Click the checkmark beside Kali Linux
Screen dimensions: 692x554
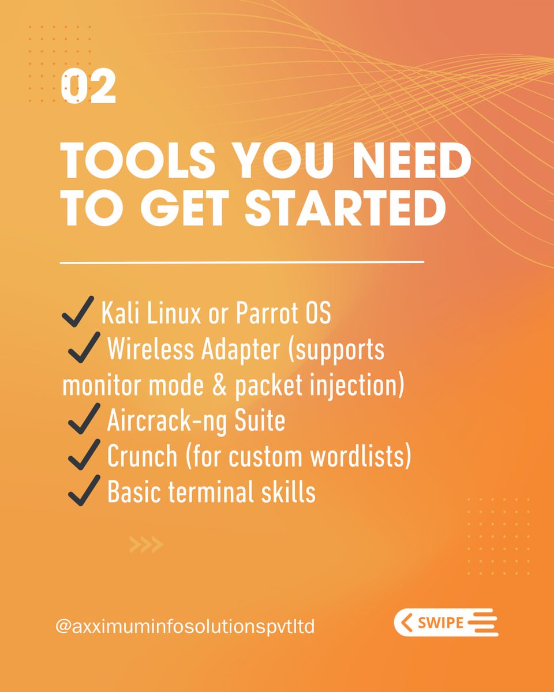[77, 312]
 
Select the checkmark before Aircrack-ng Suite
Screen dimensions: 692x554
[85, 421]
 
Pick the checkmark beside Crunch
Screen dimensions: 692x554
[85, 457]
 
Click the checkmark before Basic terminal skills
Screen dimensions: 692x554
[85, 492]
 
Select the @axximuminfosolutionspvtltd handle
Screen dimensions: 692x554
[185, 626]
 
